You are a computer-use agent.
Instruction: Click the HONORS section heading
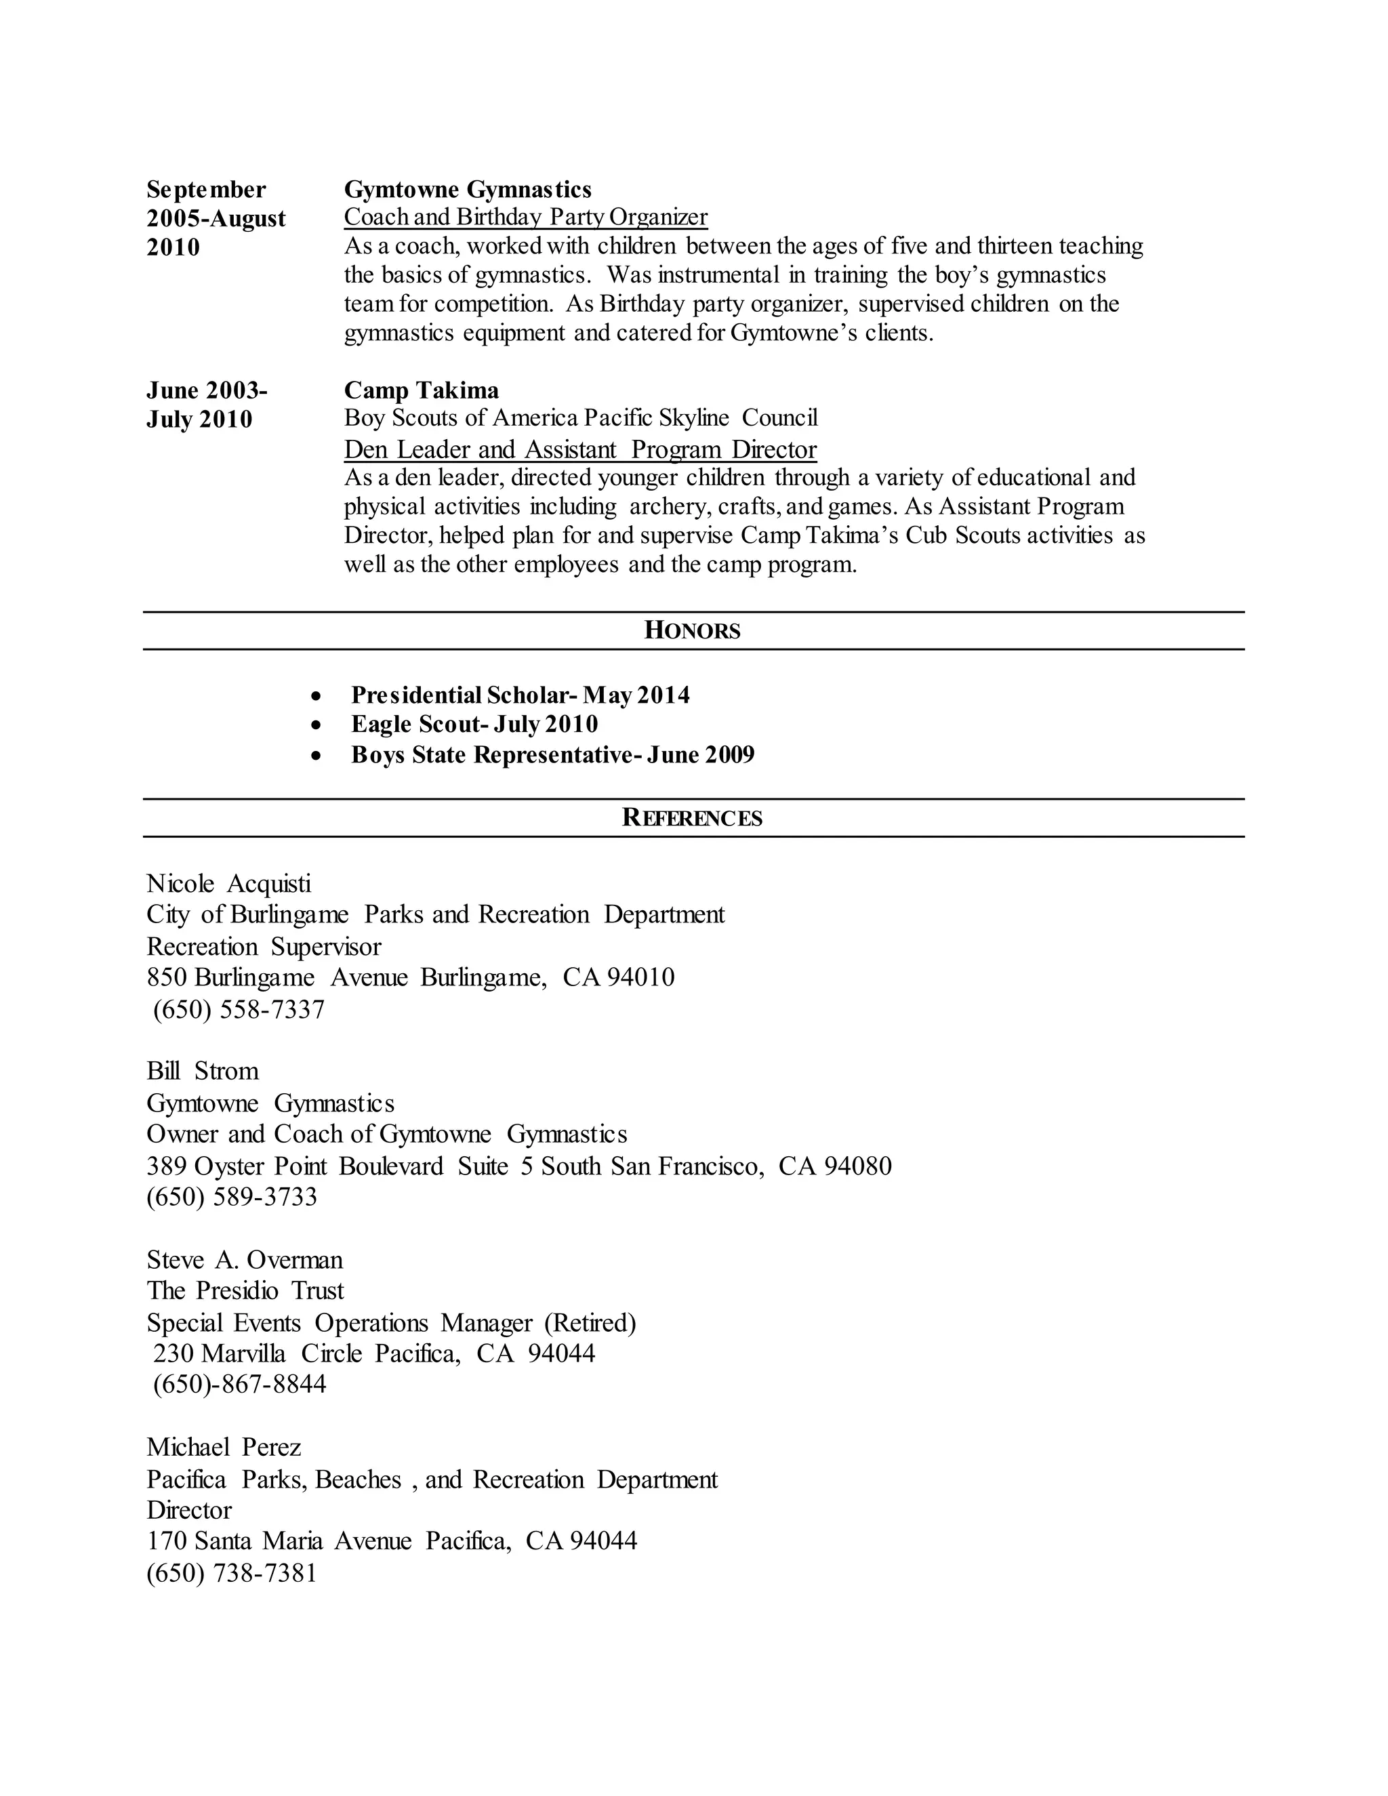click(x=693, y=631)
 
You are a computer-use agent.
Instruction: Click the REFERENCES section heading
click(x=693, y=817)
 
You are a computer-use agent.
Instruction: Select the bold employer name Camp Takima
click(x=421, y=390)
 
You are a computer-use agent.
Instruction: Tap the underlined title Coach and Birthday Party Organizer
click(x=525, y=217)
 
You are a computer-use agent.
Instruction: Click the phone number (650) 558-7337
click(x=239, y=1009)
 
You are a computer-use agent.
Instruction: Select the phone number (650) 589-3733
click(x=232, y=1196)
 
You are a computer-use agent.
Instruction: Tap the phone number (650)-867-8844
click(x=239, y=1384)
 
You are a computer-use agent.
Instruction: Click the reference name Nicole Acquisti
click(x=228, y=884)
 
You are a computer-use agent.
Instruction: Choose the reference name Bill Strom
click(x=202, y=1071)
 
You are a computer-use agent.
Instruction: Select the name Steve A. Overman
click(x=244, y=1260)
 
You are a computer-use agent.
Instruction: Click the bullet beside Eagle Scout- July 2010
click(x=317, y=725)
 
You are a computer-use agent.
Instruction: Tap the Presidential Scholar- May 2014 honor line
click(x=520, y=696)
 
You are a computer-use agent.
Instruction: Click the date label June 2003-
click(x=207, y=390)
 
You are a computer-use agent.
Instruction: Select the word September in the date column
click(x=205, y=190)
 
